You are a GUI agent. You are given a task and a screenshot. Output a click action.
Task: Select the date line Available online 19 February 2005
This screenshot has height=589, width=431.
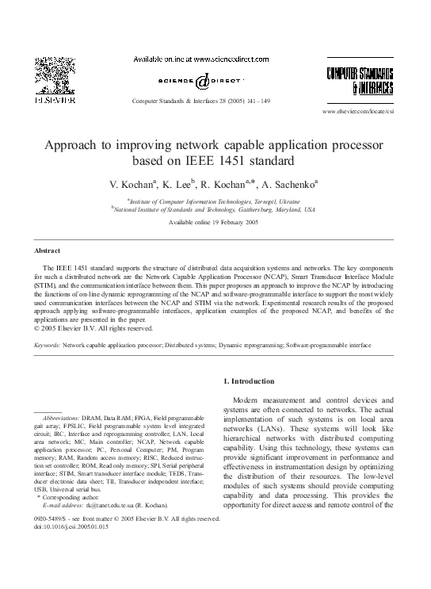214,224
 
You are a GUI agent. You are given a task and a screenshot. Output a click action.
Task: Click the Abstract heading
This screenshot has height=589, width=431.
41,251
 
